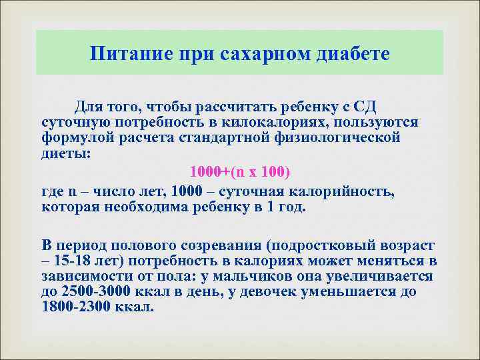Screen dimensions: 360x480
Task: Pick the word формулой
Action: pos(76,137)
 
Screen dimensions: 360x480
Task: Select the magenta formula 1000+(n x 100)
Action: pos(240,172)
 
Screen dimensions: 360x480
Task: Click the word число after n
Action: pos(115,192)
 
